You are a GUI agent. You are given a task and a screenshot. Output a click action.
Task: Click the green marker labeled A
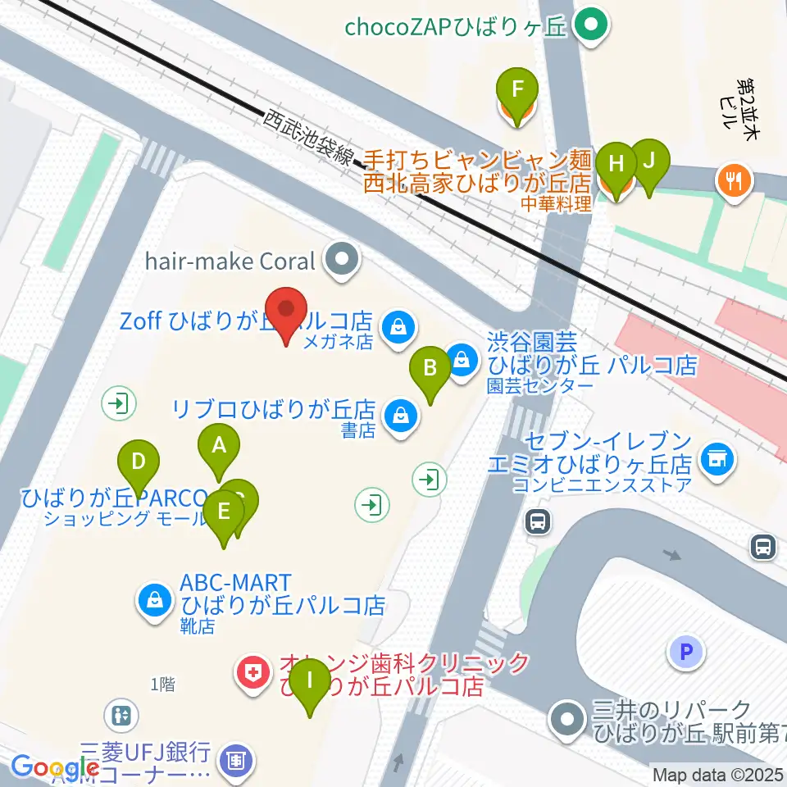219,447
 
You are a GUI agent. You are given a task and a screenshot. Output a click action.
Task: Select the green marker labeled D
139,463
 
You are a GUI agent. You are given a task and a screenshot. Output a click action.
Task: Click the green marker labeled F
517,89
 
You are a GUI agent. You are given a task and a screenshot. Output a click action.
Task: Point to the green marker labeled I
310,681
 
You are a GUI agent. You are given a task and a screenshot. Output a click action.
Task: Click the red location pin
286,311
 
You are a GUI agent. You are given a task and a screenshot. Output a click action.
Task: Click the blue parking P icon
687,653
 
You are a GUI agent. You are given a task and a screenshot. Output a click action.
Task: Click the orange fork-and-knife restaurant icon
734,180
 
